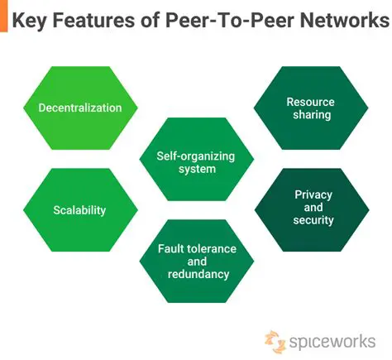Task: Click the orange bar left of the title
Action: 3,17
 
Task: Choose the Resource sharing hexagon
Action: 310,108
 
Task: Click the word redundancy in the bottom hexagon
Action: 198,274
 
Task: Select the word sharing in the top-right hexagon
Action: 310,115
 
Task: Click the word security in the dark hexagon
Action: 313,220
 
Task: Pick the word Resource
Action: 310,102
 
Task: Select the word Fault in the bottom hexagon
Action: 172,248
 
